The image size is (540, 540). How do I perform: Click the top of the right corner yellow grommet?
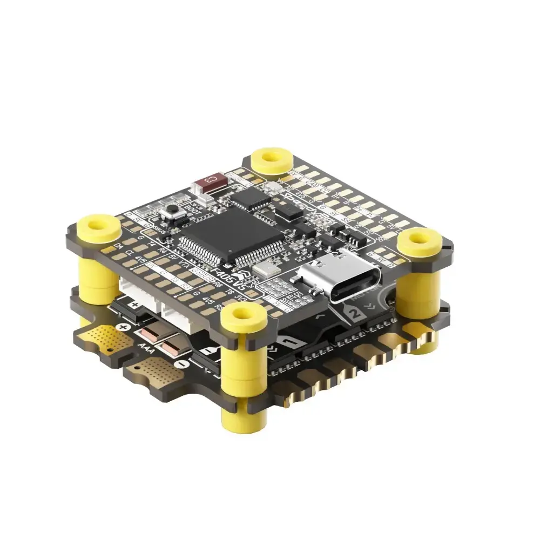[x=422, y=238]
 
